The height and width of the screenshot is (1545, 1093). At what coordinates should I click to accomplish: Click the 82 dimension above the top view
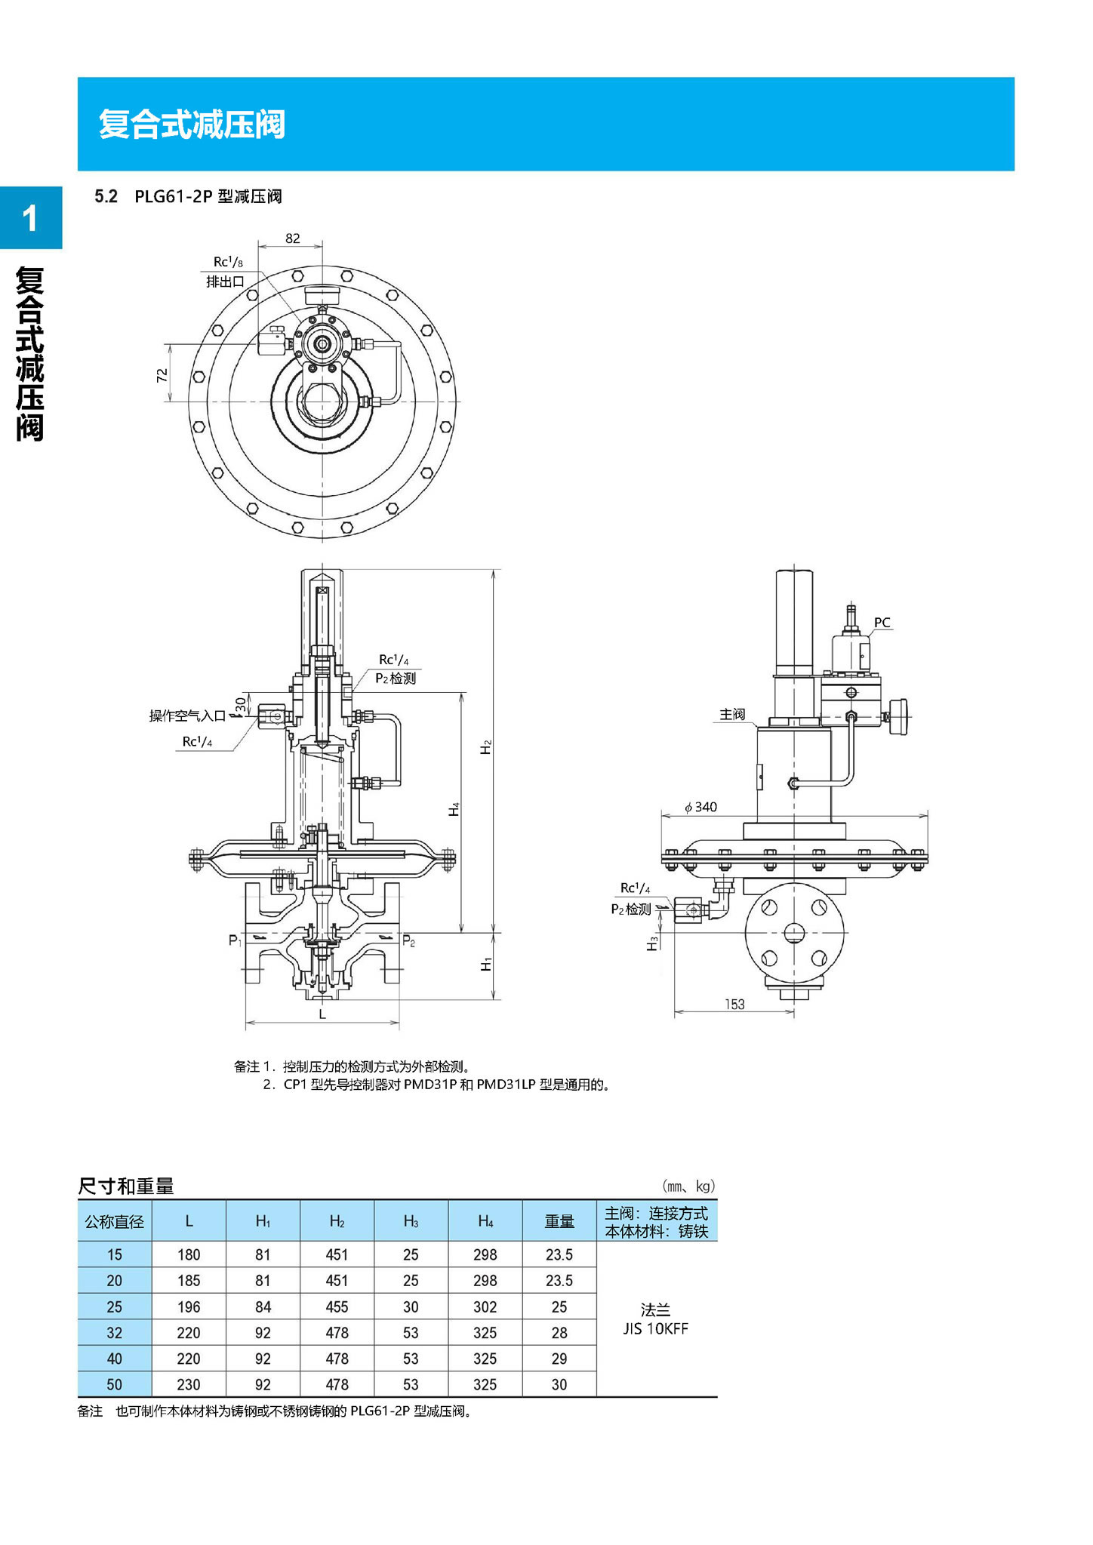292,239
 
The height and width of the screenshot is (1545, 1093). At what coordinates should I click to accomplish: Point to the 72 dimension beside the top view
162,375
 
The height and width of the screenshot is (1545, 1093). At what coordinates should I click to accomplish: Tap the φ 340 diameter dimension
700,807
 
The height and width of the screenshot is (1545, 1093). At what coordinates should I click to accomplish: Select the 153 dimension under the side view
734,1004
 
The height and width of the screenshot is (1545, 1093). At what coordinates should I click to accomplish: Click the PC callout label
882,623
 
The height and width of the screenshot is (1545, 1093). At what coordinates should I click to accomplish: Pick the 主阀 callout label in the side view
732,714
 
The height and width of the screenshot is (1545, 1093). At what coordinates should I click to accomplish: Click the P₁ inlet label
235,940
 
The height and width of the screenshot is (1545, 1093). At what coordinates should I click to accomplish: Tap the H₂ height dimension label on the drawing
486,747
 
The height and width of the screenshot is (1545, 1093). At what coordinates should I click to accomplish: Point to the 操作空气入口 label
187,716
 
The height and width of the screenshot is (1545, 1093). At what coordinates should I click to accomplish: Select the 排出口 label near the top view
225,282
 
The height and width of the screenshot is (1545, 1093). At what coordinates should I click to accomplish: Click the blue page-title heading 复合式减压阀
192,125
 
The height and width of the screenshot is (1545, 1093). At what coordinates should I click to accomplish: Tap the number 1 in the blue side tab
30,219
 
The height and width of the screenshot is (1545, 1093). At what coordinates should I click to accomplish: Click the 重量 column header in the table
559,1221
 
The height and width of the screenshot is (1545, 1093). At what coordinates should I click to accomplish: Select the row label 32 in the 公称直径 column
114,1333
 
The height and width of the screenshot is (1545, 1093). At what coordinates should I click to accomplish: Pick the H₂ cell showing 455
337,1306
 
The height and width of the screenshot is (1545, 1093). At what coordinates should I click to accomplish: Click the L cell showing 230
189,1384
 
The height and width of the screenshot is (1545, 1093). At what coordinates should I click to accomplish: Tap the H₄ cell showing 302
485,1306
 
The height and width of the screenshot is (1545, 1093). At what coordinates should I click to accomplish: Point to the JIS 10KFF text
655,1329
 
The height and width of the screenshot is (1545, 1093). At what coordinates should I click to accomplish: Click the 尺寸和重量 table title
126,1186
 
